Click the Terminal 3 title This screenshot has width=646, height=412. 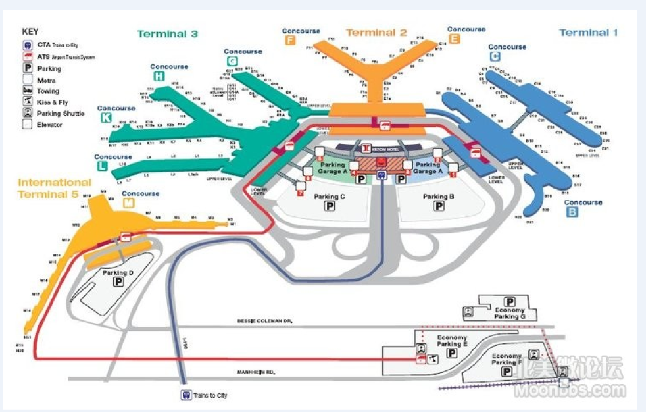pyautogui.click(x=167, y=34)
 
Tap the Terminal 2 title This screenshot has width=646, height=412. pyautogui.click(x=376, y=33)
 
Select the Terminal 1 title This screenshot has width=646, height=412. pyautogui.click(x=588, y=33)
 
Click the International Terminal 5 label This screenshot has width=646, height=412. pyautogui.click(x=55, y=189)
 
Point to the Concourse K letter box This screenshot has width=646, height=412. pyautogui.click(x=106, y=118)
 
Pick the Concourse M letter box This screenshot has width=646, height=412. pyautogui.click(x=128, y=203)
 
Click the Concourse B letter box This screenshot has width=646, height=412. pyautogui.click(x=572, y=213)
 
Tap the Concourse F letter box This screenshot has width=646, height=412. pyautogui.click(x=290, y=41)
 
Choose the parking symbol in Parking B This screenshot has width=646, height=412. pyautogui.click(x=439, y=206)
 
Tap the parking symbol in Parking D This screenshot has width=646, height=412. pyautogui.click(x=119, y=282)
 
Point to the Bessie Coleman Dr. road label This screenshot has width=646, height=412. pyautogui.click(x=265, y=321)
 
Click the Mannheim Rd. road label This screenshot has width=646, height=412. pyautogui.click(x=256, y=373)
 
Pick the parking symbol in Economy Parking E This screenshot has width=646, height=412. pyautogui.click(x=452, y=353)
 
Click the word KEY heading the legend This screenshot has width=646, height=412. pyautogui.click(x=30, y=31)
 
